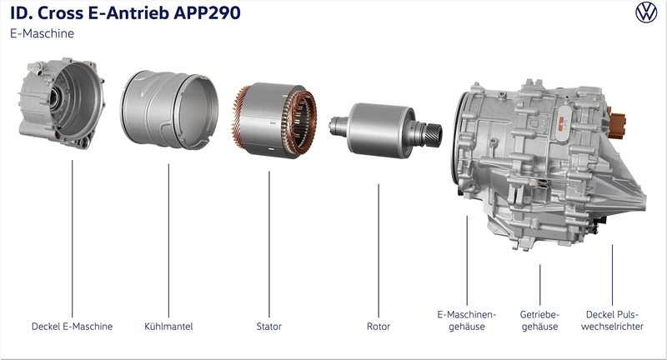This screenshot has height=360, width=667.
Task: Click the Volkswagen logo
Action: click(x=646, y=12)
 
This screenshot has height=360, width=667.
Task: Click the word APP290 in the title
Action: click(x=207, y=12)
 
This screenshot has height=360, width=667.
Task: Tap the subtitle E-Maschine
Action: click(x=43, y=33)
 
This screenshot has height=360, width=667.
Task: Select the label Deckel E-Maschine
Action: click(x=73, y=327)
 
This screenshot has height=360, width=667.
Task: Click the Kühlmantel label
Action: click(x=168, y=327)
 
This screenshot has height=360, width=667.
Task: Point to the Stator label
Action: click(x=268, y=327)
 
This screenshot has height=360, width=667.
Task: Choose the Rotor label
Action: click(x=379, y=327)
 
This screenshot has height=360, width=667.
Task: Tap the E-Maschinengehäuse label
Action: click(x=467, y=321)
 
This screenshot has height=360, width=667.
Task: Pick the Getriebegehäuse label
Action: click(x=539, y=321)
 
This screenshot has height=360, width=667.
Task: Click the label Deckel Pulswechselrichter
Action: click(x=612, y=321)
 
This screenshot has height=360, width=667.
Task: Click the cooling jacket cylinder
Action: click(x=169, y=110)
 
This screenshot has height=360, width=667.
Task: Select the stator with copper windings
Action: click(x=275, y=120)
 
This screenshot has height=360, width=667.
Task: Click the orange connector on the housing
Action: click(x=616, y=122)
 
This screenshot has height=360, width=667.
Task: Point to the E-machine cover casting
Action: click(x=61, y=102)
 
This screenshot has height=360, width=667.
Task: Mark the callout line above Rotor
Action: click(x=379, y=251)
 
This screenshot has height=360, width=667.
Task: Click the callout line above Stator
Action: click(x=268, y=244)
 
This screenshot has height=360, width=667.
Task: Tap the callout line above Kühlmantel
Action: click(x=168, y=241)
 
